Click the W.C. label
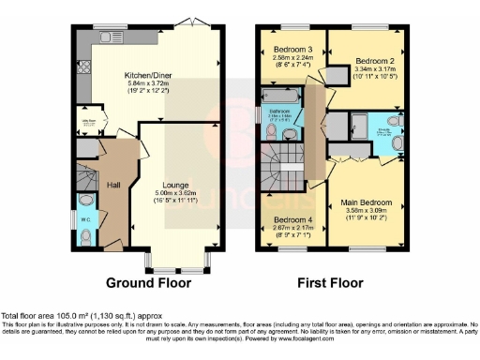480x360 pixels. (86, 221)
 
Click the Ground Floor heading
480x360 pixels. (148, 282)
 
